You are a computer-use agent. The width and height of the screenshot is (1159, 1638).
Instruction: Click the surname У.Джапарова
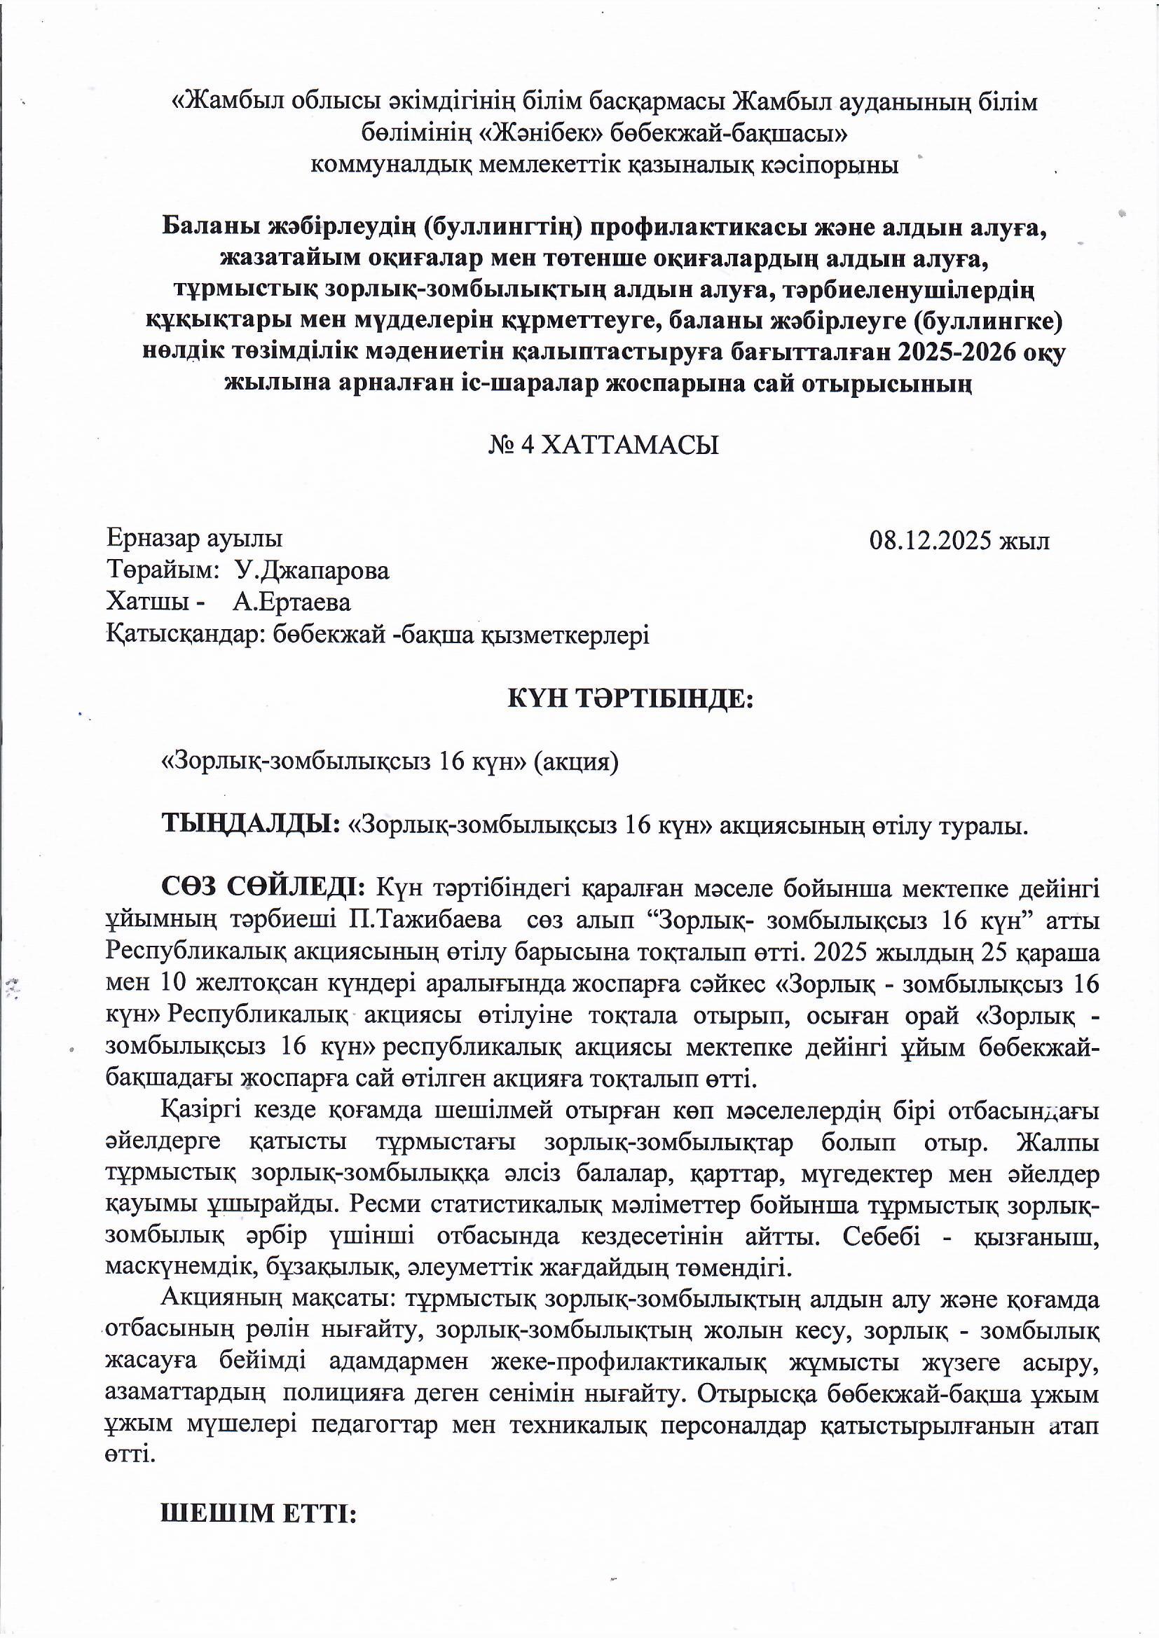[313, 572]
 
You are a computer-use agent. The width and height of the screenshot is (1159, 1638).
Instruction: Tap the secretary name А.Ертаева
[292, 603]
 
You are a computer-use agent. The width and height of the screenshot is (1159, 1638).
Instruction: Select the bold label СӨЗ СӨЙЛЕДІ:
[264, 888]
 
